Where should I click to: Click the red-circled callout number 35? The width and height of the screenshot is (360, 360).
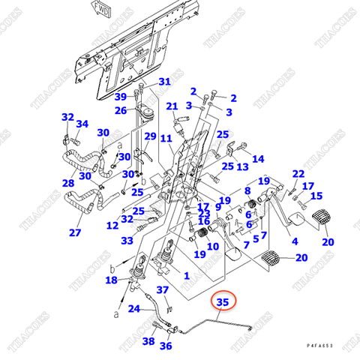(222, 302)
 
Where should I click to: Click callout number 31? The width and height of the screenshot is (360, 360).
(164, 82)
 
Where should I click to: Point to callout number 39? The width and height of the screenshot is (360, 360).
(121, 97)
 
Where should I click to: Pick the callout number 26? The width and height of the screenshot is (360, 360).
(121, 111)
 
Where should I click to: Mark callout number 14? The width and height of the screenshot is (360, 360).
(258, 159)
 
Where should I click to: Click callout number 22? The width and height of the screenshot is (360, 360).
(298, 174)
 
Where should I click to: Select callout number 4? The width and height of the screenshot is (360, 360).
(295, 241)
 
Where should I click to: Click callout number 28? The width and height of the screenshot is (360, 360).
(68, 183)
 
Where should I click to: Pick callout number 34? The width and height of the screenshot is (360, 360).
(82, 124)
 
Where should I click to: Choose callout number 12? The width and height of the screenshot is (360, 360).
(112, 225)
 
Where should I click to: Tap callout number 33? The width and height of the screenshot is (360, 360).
(127, 241)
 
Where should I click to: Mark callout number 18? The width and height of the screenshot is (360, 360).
(112, 280)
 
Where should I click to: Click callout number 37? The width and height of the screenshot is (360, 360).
(163, 290)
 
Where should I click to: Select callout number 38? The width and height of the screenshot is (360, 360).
(148, 341)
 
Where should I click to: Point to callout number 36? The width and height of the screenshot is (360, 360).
(166, 346)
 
